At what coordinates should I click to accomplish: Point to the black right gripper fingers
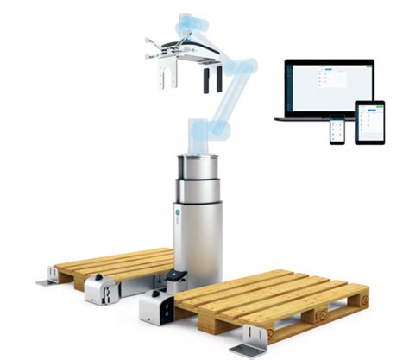(212, 81)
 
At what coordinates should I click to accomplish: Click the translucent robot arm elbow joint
(242, 74)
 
